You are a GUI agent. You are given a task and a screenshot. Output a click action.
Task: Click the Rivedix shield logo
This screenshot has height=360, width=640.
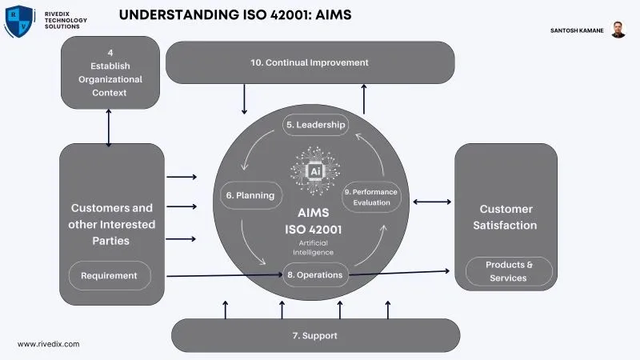[x=19, y=21]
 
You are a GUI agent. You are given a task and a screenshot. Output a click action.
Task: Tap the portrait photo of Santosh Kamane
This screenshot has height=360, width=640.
[x=618, y=30]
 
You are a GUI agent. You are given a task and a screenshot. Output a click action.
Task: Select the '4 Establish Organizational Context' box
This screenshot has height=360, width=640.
[x=109, y=73]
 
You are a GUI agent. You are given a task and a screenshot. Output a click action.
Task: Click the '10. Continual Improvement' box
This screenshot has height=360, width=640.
[x=310, y=62]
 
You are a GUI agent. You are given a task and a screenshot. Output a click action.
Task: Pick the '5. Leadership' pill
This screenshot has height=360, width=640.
[x=315, y=125]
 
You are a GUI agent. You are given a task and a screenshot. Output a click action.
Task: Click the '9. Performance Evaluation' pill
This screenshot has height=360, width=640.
[x=371, y=197]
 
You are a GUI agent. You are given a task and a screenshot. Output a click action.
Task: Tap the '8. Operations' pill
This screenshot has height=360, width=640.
[x=315, y=274]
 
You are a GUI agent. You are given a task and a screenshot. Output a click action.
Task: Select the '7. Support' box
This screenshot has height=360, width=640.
[x=315, y=335]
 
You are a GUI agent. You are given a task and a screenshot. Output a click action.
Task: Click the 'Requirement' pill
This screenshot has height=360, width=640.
[x=109, y=276]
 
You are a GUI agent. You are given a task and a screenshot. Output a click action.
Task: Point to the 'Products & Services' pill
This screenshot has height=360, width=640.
[x=508, y=271]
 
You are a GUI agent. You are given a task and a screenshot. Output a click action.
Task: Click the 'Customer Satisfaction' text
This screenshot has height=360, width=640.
[x=506, y=217]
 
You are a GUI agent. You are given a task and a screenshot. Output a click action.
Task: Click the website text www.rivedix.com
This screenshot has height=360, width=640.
[x=49, y=343]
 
